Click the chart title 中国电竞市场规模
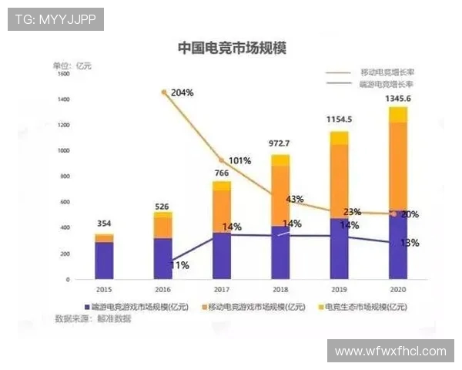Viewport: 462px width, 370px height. click(x=231, y=48)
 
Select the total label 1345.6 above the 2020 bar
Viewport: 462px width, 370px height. click(x=397, y=99)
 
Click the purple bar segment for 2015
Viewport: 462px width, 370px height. click(x=104, y=260)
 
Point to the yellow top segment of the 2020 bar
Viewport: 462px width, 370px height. click(x=397, y=114)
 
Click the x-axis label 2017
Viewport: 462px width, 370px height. click(x=221, y=288)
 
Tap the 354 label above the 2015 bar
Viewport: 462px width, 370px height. click(x=104, y=224)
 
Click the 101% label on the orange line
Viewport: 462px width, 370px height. click(x=239, y=161)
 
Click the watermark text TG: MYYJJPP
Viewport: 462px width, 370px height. click(x=55, y=19)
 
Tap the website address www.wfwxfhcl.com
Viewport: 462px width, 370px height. click(x=390, y=351)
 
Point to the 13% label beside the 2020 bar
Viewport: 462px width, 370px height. click(x=410, y=243)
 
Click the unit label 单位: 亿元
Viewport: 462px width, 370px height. click(x=72, y=66)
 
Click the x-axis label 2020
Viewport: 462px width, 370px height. click(x=397, y=288)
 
